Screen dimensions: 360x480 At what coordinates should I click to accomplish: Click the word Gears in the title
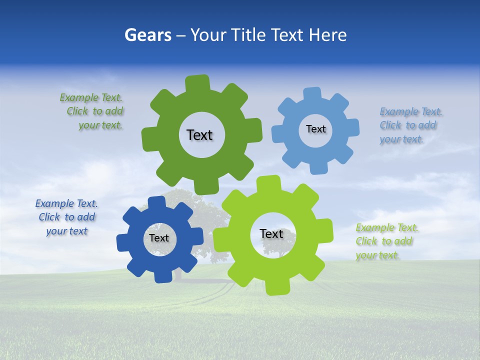[148, 35]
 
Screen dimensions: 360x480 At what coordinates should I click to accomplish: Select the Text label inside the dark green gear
[199, 135]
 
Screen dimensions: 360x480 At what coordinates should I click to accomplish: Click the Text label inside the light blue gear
[315, 129]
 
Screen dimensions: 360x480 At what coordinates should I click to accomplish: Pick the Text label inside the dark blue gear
[159, 238]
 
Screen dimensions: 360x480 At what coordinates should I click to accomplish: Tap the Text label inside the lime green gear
[271, 234]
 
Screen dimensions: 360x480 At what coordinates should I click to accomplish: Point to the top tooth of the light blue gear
[312, 93]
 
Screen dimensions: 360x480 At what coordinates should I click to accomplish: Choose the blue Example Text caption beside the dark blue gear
[66, 217]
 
